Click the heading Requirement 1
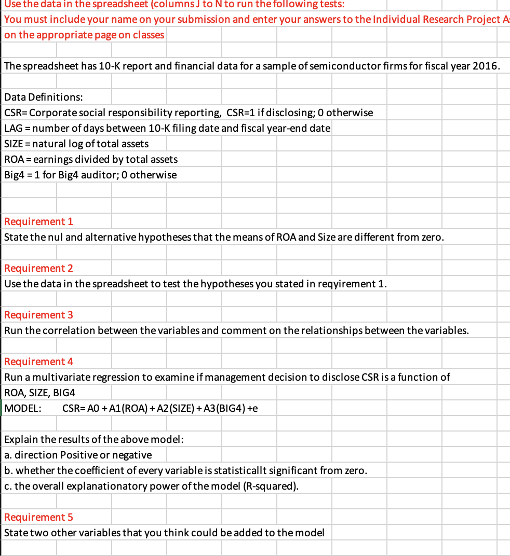(38, 221)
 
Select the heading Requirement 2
(38, 268)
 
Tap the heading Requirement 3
(38, 315)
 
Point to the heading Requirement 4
(38, 362)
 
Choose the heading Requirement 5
(38, 517)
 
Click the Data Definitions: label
(43, 97)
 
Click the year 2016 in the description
(488, 66)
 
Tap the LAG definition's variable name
(13, 128)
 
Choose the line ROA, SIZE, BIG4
(39, 393)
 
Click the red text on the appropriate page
(84, 35)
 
